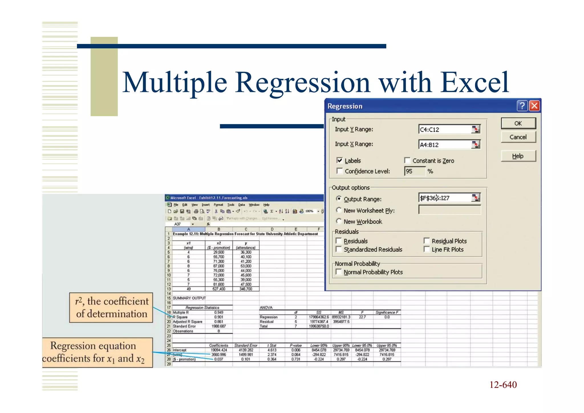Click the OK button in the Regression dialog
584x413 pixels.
[x=518, y=123]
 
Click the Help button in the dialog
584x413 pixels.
[x=518, y=156]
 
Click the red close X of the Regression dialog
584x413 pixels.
[x=534, y=106]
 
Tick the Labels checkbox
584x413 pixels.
[x=339, y=160]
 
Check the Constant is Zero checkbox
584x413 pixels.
[x=407, y=160]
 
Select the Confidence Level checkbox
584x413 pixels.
[x=339, y=171]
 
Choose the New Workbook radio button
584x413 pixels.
[x=339, y=221]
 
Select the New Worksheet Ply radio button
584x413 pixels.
[x=339, y=210]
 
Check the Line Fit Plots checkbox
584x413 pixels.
[x=427, y=249]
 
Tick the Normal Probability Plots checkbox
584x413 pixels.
[x=339, y=272]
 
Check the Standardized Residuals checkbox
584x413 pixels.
[x=339, y=249]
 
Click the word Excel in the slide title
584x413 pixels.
[x=474, y=83]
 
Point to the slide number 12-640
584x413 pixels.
[x=503, y=385]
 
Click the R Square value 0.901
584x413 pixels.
[x=219, y=317]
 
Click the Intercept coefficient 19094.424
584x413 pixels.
[x=219, y=350]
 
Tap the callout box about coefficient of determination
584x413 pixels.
[x=111, y=308]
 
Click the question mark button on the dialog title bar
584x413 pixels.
[x=522, y=106]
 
